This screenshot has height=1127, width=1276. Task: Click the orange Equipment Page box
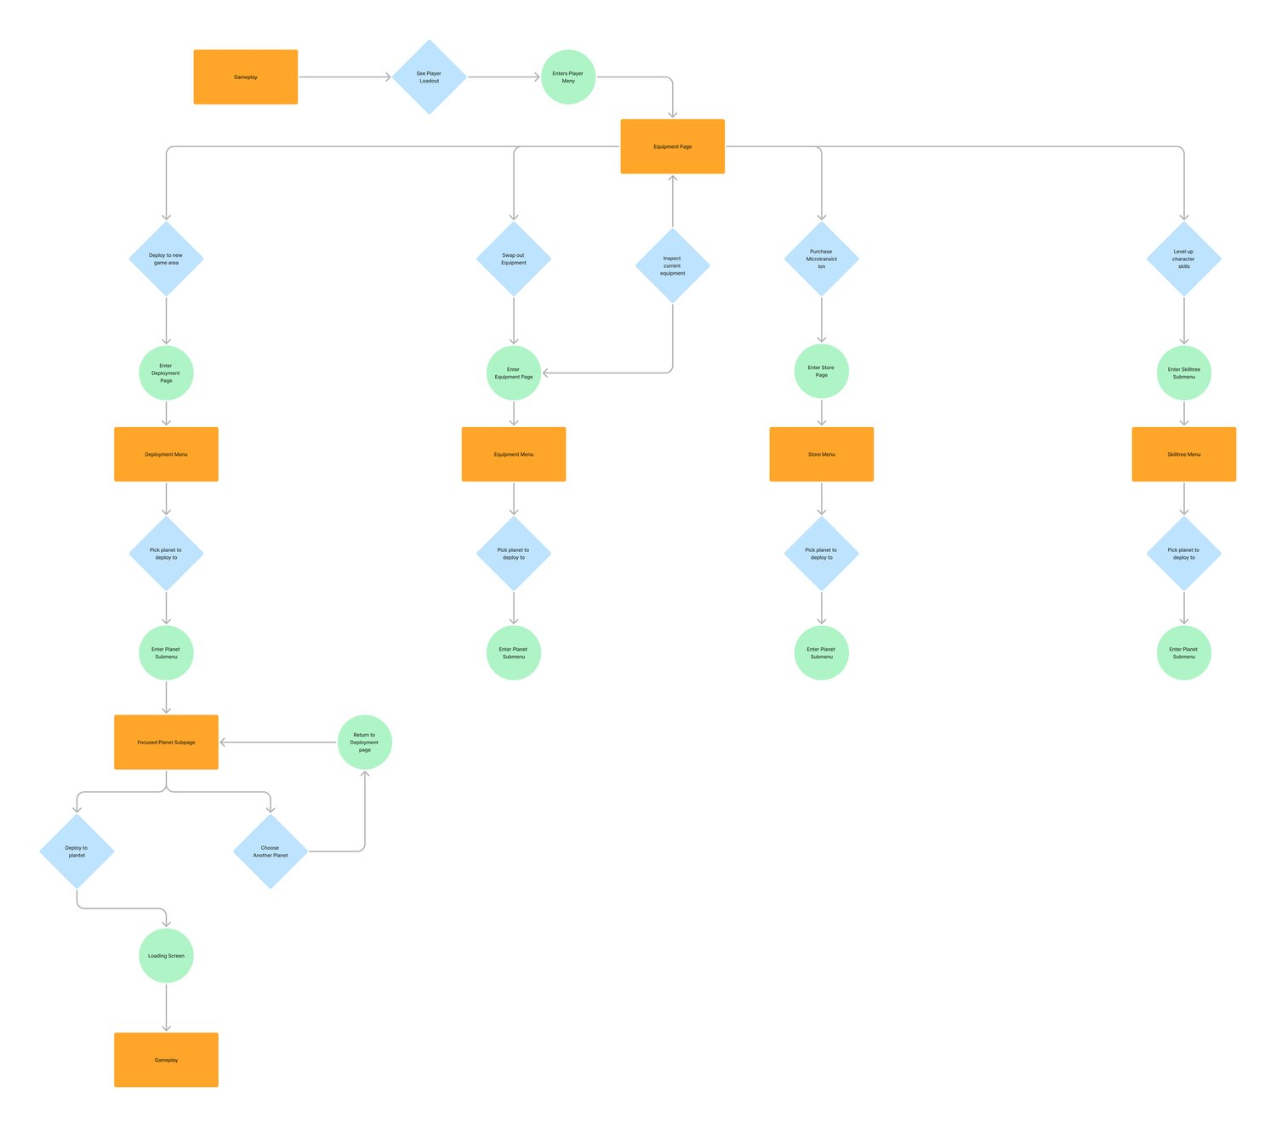click(x=672, y=146)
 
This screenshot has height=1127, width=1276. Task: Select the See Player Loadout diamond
click(x=429, y=77)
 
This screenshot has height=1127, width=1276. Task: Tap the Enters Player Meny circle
click(x=568, y=77)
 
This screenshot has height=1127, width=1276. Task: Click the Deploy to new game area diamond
click(x=166, y=259)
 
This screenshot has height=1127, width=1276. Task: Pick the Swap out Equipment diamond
click(x=514, y=259)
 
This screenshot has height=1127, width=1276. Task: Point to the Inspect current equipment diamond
click(x=672, y=265)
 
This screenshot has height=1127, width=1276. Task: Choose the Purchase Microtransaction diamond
click(x=821, y=259)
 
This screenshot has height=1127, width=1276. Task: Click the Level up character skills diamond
click(x=1183, y=259)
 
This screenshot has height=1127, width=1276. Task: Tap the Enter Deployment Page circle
click(x=166, y=373)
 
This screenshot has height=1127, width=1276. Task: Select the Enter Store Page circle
click(x=821, y=372)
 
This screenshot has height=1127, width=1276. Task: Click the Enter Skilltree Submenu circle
click(x=1183, y=373)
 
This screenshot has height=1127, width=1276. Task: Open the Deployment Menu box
click(x=166, y=454)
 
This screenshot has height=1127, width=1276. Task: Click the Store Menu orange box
click(x=821, y=454)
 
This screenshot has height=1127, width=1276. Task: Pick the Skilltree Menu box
click(x=1183, y=454)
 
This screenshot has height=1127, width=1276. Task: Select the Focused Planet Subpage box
click(x=166, y=742)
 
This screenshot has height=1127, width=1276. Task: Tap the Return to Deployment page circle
click(x=364, y=742)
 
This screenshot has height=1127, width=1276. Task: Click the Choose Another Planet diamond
click(x=271, y=851)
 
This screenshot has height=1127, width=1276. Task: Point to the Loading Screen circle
click(x=166, y=955)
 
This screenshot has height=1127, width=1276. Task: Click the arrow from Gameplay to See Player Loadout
click(x=345, y=77)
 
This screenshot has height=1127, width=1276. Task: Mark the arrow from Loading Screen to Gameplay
click(x=166, y=1007)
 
